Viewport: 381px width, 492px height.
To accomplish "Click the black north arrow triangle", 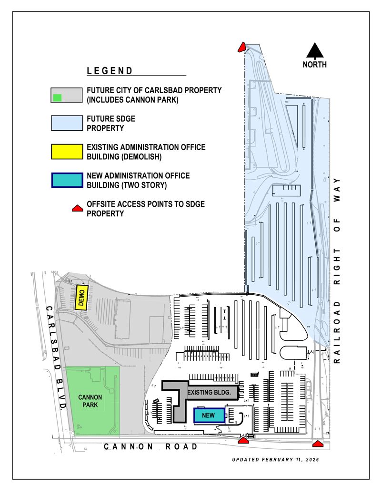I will coord(314,51).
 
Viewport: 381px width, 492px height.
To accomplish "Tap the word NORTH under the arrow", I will coord(315,65).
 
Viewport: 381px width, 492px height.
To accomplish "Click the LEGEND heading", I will coord(110,71).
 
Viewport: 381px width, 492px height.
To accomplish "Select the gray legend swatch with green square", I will coord(68,95).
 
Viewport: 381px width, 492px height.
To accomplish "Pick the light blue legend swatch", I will coord(68,123).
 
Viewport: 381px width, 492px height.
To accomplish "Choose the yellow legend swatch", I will coord(68,151).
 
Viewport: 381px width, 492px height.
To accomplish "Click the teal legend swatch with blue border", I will coord(68,180).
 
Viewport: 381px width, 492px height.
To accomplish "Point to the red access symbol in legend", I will coord(75,209).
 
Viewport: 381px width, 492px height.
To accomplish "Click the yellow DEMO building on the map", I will coord(81,298).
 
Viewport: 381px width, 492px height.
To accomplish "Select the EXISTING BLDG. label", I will coord(211,393).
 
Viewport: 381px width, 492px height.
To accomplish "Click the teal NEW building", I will coord(209,415).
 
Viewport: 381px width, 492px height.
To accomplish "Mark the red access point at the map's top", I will coord(242,47).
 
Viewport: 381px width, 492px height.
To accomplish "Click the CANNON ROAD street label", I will coord(151,446).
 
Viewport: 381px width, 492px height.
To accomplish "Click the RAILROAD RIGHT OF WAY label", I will coord(338,271).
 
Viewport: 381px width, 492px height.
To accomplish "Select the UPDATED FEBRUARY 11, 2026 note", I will coord(275,460).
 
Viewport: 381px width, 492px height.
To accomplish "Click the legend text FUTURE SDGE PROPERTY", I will coord(110,123).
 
